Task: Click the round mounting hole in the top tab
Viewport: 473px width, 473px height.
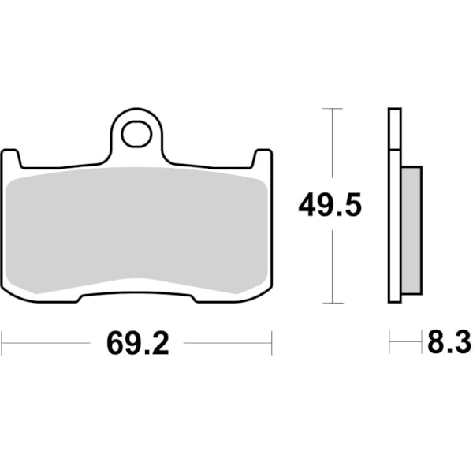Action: [136, 135]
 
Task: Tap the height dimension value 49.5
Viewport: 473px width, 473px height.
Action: [330, 207]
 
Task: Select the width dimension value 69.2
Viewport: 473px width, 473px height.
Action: [137, 344]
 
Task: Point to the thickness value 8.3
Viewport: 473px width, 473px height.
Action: [449, 344]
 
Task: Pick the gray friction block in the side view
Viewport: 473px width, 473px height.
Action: [411, 229]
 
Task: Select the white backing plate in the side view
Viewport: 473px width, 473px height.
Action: [395, 205]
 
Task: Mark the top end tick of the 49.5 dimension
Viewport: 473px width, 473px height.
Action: [333, 108]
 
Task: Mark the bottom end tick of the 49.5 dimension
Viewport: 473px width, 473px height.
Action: [333, 303]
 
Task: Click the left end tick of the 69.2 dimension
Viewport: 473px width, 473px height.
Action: [2, 343]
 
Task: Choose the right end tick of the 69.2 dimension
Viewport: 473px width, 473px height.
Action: [271, 343]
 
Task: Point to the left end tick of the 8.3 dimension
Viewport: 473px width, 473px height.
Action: [389, 343]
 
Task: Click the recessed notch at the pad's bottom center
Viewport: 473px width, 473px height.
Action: [136, 292]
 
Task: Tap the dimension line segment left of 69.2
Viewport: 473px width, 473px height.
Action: [47, 343]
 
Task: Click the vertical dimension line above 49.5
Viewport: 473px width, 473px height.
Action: [333, 150]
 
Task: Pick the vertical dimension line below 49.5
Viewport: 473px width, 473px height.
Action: [333, 264]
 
